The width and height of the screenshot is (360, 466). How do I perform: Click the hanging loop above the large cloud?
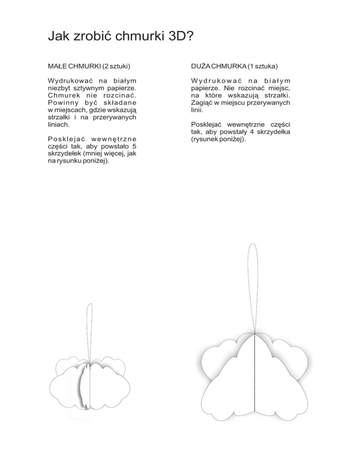point(253,281)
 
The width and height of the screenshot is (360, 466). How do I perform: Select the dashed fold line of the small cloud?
point(90,384)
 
